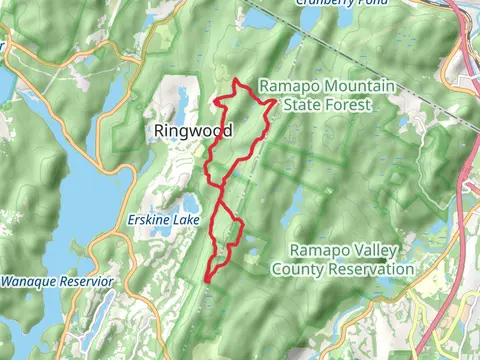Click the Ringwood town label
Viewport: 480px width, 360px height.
tap(193, 131)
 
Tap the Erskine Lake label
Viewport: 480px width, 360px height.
tap(165, 220)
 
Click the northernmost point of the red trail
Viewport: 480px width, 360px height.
tap(235, 79)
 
